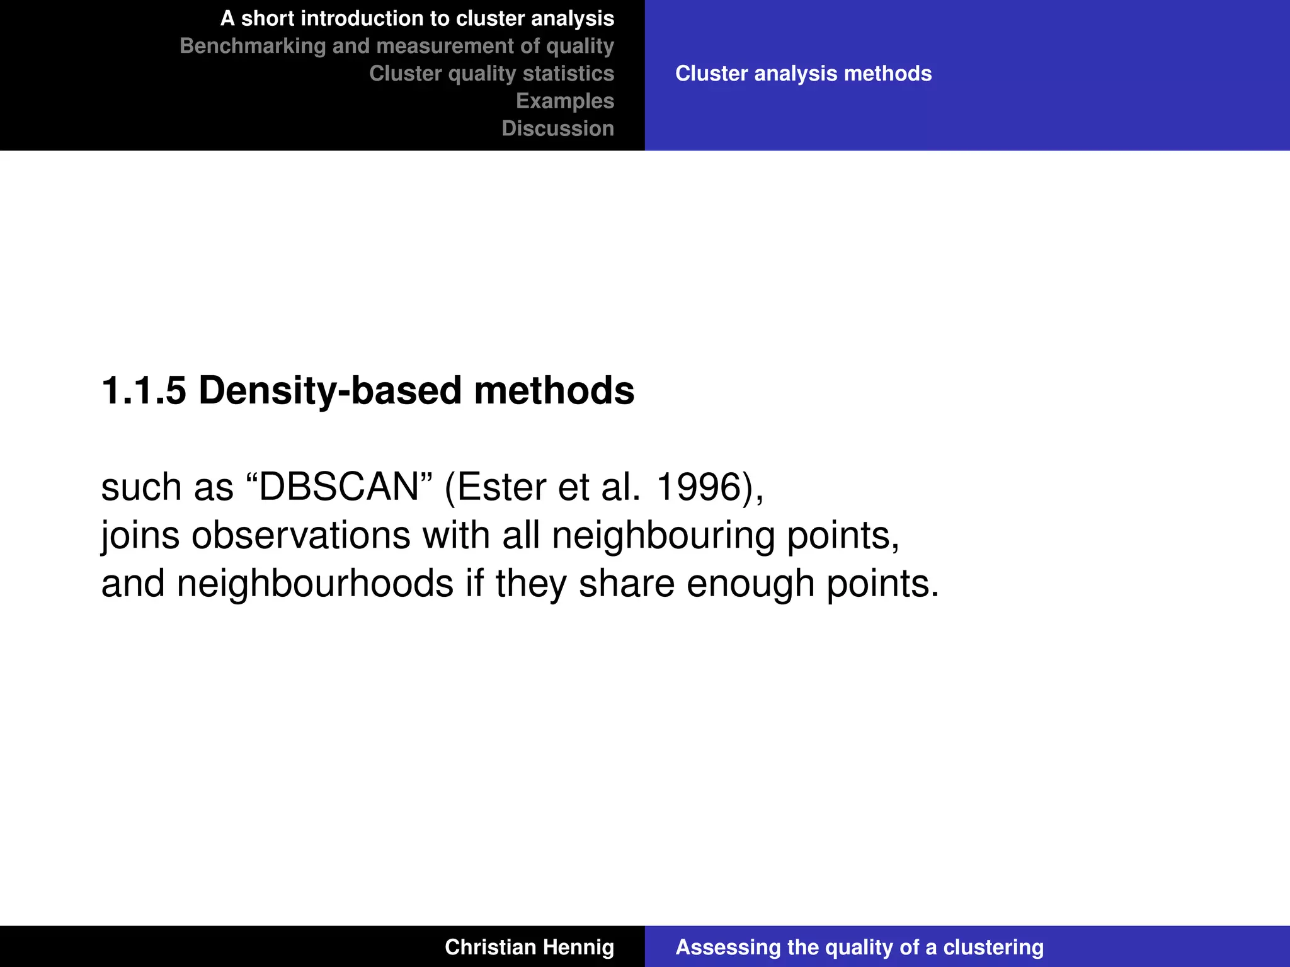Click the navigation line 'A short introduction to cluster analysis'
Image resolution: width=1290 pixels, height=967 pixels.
pos(417,19)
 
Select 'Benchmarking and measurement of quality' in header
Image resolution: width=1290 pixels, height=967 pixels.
pos(397,46)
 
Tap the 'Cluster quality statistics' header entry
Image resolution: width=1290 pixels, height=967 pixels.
pos(491,74)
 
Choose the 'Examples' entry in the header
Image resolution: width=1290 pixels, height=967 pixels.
pos(565,101)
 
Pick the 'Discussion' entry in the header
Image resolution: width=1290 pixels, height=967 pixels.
pos(557,128)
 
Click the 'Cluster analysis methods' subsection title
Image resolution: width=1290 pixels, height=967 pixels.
pos(803,74)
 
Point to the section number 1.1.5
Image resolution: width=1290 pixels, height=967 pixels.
pos(144,390)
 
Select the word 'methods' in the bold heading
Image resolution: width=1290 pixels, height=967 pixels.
pos(554,390)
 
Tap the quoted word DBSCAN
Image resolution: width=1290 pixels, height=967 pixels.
pos(339,487)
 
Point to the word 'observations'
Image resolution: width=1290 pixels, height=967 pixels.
pos(301,536)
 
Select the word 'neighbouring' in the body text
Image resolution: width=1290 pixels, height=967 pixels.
pos(663,536)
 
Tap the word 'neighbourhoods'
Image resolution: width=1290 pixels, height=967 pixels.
pos(315,584)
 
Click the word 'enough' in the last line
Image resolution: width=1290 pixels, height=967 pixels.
pos(750,584)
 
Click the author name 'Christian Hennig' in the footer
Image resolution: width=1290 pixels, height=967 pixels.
pos(529,947)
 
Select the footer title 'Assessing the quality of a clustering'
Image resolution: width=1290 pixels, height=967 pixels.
pos(859,947)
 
